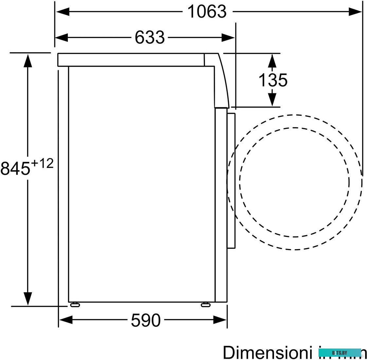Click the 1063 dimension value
click(x=207, y=12)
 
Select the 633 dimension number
click(x=150, y=37)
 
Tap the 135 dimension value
click(x=273, y=80)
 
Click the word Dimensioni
click(x=267, y=352)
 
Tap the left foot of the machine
click(x=75, y=305)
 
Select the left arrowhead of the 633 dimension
click(x=62, y=37)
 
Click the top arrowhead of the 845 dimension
click(x=28, y=60)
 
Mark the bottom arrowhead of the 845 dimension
click(x=28, y=298)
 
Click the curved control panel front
click(x=222, y=80)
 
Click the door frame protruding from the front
click(x=231, y=180)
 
